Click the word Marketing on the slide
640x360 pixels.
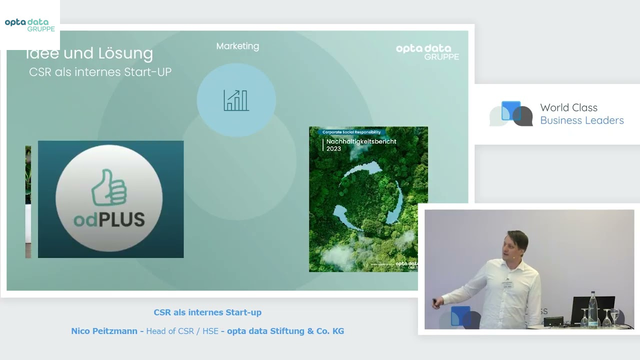point(237,46)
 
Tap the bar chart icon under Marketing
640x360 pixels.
point(236,100)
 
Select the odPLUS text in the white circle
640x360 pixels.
point(109,219)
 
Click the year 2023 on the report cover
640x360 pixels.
point(333,148)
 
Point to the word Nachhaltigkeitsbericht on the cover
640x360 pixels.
point(361,141)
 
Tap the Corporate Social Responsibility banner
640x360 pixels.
point(351,132)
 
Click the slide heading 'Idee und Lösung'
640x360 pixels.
point(89,53)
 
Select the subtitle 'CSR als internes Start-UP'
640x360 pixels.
point(100,72)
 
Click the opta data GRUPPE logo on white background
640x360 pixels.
point(30,25)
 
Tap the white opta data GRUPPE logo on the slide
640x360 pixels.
point(427,52)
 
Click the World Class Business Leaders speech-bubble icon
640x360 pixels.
point(511,114)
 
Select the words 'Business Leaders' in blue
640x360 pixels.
point(582,120)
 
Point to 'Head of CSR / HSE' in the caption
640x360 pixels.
point(182,331)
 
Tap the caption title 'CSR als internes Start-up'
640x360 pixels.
point(207,312)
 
